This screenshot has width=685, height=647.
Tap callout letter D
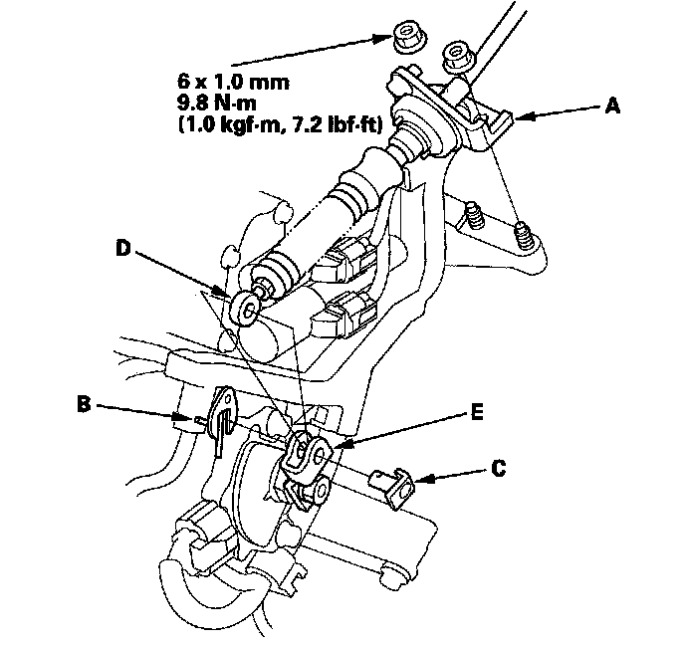click(x=123, y=248)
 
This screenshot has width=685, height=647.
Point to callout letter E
click(x=479, y=410)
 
